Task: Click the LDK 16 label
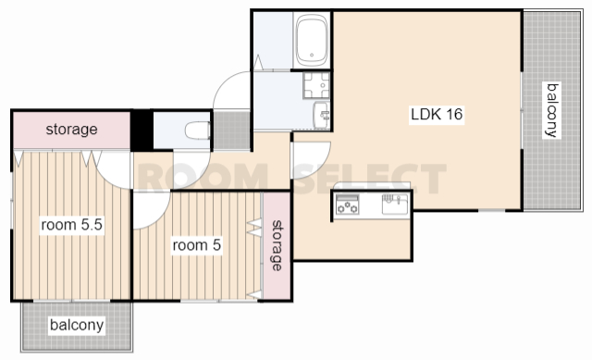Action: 437,114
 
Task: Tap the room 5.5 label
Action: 72,225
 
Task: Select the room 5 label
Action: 196,245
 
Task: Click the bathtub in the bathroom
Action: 312,41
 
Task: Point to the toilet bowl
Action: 198,130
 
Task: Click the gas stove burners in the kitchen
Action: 348,205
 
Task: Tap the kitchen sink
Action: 395,204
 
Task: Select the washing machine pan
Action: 316,85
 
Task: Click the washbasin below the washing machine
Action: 322,115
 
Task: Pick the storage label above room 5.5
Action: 72,130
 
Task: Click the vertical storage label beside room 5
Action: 277,245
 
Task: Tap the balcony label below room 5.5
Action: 77,325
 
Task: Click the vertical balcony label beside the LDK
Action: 552,110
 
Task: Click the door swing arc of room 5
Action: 159,218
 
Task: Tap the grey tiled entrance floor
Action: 232,130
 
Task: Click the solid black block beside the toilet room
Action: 142,130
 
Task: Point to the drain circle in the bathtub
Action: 312,56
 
